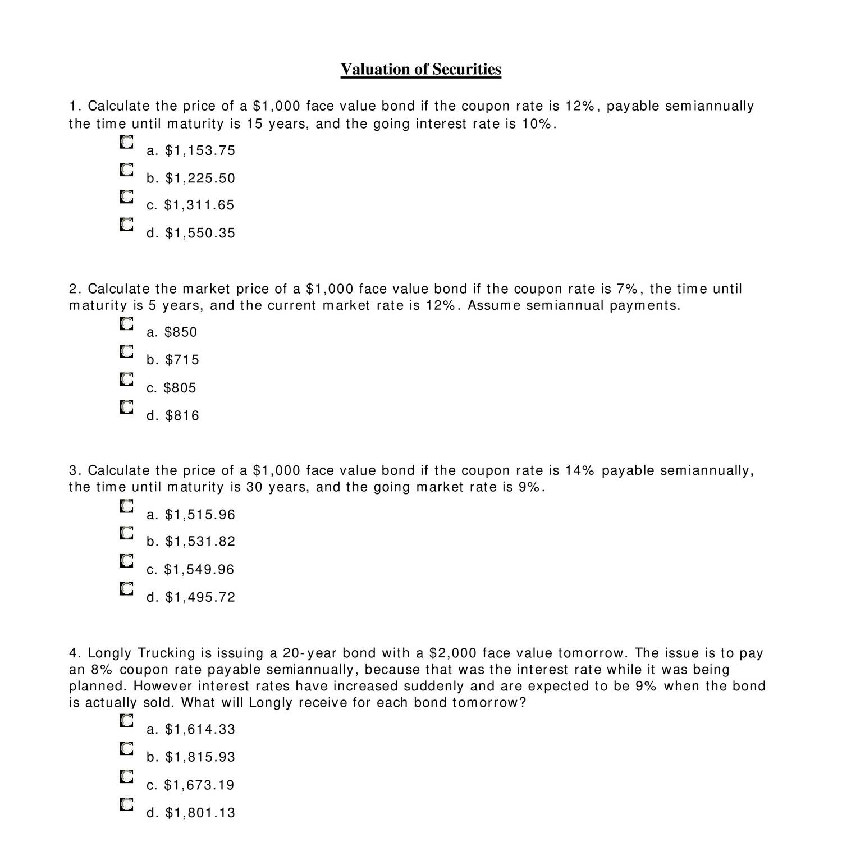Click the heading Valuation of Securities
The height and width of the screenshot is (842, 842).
click(420, 70)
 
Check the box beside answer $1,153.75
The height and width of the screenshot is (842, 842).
click(126, 143)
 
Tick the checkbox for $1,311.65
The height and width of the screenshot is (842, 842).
click(126, 197)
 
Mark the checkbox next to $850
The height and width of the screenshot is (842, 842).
click(126, 324)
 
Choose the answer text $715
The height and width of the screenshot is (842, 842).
click(182, 360)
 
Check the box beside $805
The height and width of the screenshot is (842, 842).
click(126, 379)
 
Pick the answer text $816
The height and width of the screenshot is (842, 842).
click(182, 416)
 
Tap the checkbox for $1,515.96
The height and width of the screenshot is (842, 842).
click(126, 506)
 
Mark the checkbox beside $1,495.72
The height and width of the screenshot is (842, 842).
click(126, 589)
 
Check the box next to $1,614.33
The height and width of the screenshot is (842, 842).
click(126, 721)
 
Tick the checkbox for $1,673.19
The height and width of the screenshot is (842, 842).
click(126, 777)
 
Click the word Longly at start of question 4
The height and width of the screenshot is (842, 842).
click(110, 653)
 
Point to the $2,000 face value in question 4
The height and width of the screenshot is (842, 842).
click(452, 653)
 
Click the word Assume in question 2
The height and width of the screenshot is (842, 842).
click(493, 306)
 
